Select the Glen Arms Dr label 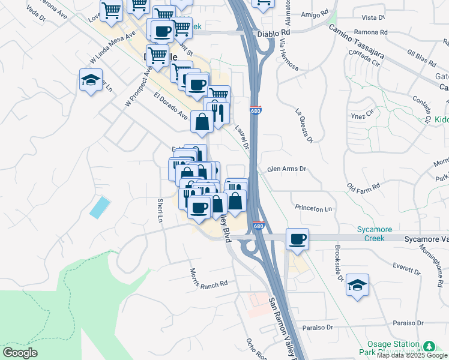click(x=286, y=169)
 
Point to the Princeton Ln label click(x=313, y=208)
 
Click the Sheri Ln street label click(x=160, y=210)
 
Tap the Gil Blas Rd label click(x=421, y=58)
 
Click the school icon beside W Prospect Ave click(x=91, y=81)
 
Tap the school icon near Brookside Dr click(x=358, y=286)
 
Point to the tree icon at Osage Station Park click(x=429, y=346)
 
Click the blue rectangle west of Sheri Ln click(x=100, y=207)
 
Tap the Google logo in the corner click(x=20, y=353)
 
